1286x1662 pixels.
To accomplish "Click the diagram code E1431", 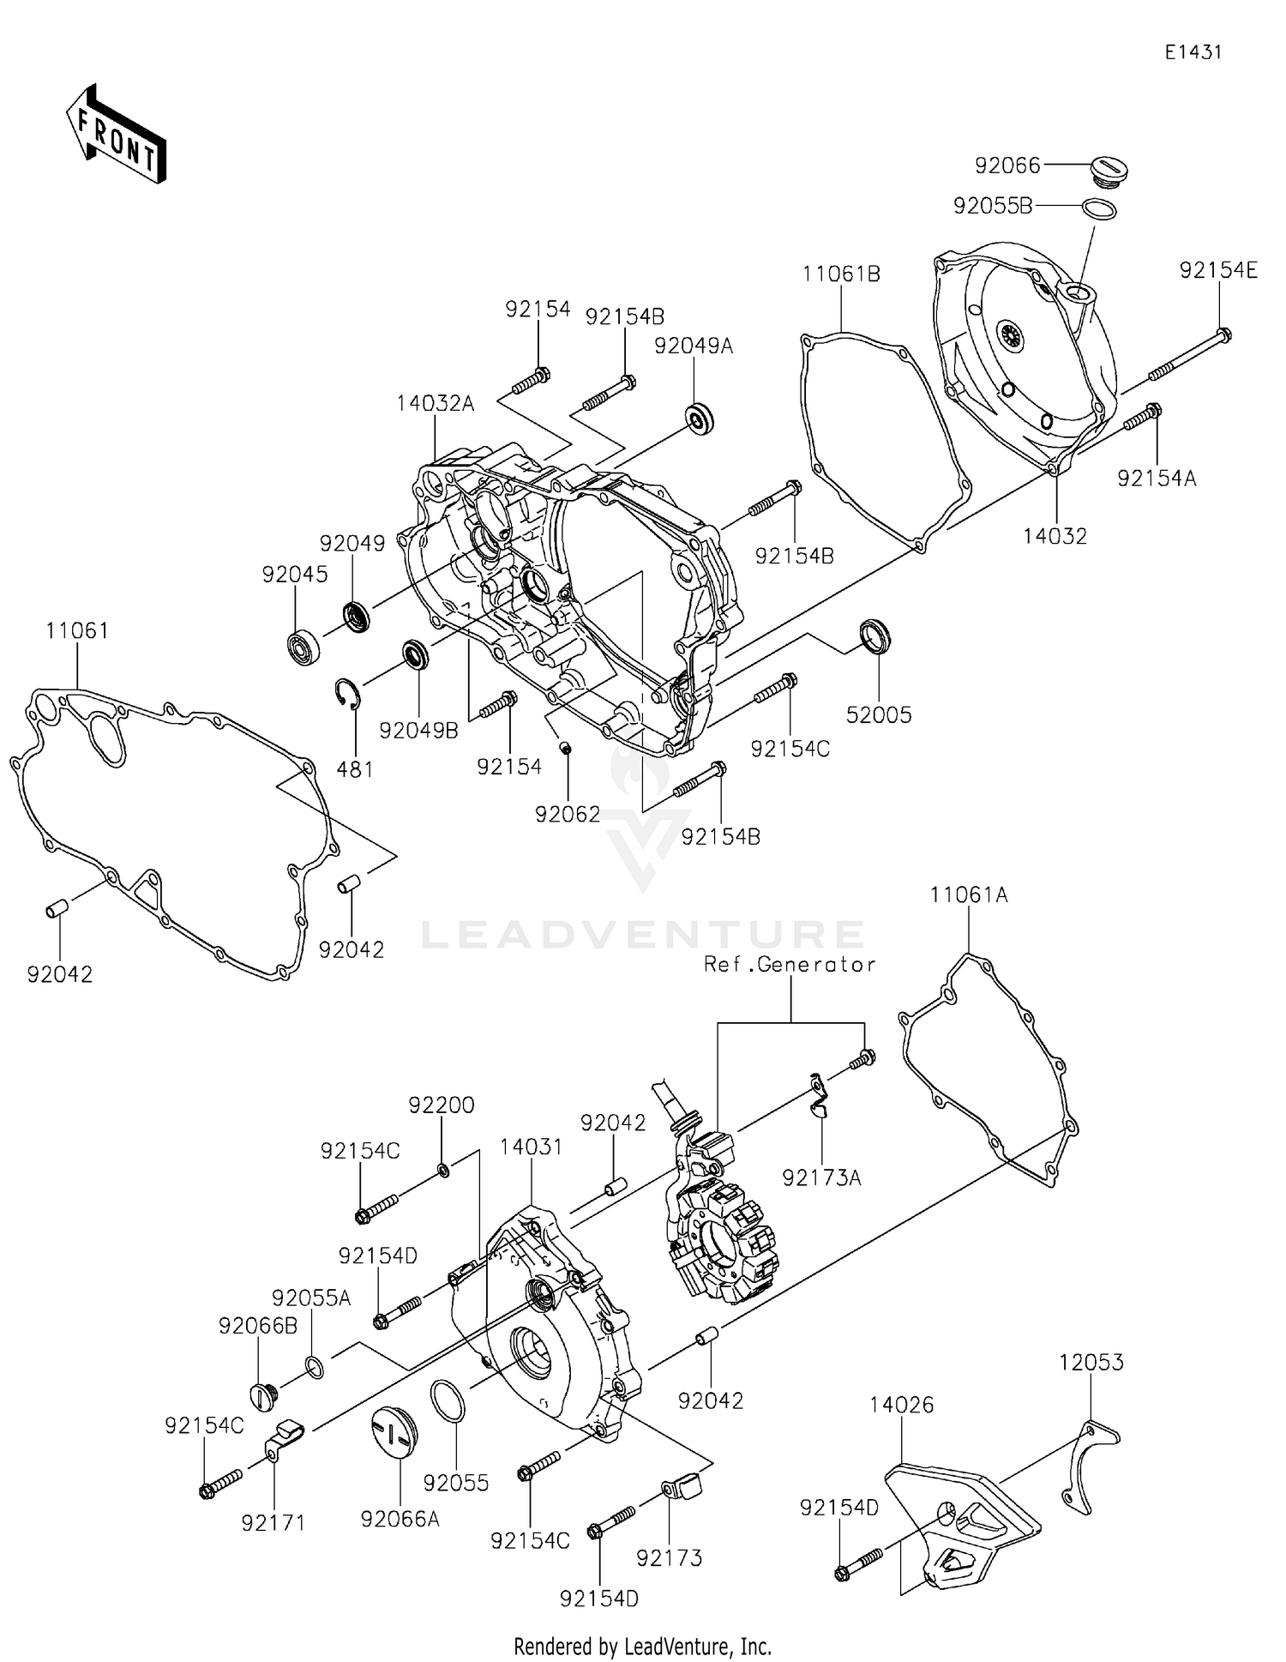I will [1193, 52].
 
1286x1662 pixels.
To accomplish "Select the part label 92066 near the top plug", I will [1007, 166].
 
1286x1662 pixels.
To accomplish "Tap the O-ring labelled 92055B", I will [1100, 208].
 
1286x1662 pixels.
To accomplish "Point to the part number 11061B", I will [841, 274].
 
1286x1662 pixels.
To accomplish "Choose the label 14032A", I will [435, 403].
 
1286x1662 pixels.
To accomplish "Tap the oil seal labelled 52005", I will [875, 635].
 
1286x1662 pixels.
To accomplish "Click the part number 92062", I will [568, 815].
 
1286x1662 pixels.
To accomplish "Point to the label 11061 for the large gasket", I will [77, 631].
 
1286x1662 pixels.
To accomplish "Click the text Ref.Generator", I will [790, 965].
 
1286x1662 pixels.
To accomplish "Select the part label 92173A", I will [821, 1178].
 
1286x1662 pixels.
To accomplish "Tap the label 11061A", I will [969, 895].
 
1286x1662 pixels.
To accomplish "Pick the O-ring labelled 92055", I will [446, 1400].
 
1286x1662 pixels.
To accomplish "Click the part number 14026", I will [901, 1405].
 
